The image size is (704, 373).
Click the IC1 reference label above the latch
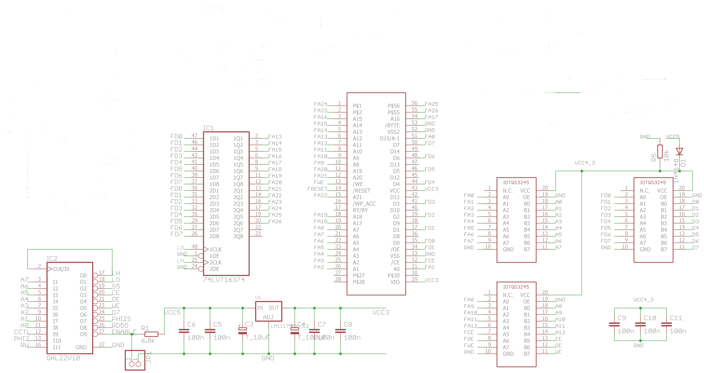coord(208,128)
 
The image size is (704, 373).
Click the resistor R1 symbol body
coord(151,334)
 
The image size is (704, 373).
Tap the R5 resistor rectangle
coord(660,151)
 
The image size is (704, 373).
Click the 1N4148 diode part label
coord(676,171)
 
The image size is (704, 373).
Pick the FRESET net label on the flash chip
coord(317,189)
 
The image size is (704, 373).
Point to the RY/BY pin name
coord(360,210)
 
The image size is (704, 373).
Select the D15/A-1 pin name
coord(389,138)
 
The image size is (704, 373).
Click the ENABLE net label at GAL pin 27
coord(124,332)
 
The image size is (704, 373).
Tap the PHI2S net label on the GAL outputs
coord(121,319)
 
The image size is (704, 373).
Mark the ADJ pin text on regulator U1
coord(268,317)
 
